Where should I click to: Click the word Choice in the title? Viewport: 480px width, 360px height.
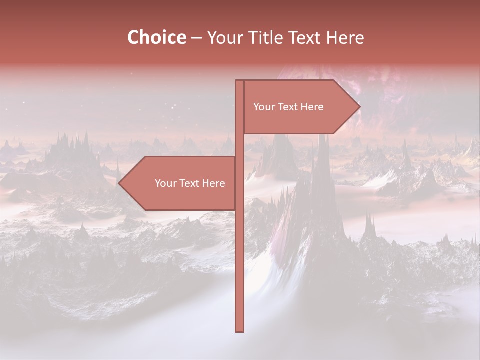click(156, 37)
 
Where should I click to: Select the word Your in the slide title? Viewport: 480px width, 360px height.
click(224, 37)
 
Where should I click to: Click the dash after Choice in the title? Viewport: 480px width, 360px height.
click(196, 38)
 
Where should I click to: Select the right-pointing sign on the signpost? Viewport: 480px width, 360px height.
click(295, 107)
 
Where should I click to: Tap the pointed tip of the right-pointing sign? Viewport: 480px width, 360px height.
click(359, 106)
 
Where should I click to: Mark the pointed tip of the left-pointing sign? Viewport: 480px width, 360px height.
click(119, 183)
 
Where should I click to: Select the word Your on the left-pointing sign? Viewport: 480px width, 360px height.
click(165, 183)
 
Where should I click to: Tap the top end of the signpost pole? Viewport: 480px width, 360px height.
click(239, 82)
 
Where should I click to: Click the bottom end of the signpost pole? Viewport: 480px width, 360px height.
click(239, 330)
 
